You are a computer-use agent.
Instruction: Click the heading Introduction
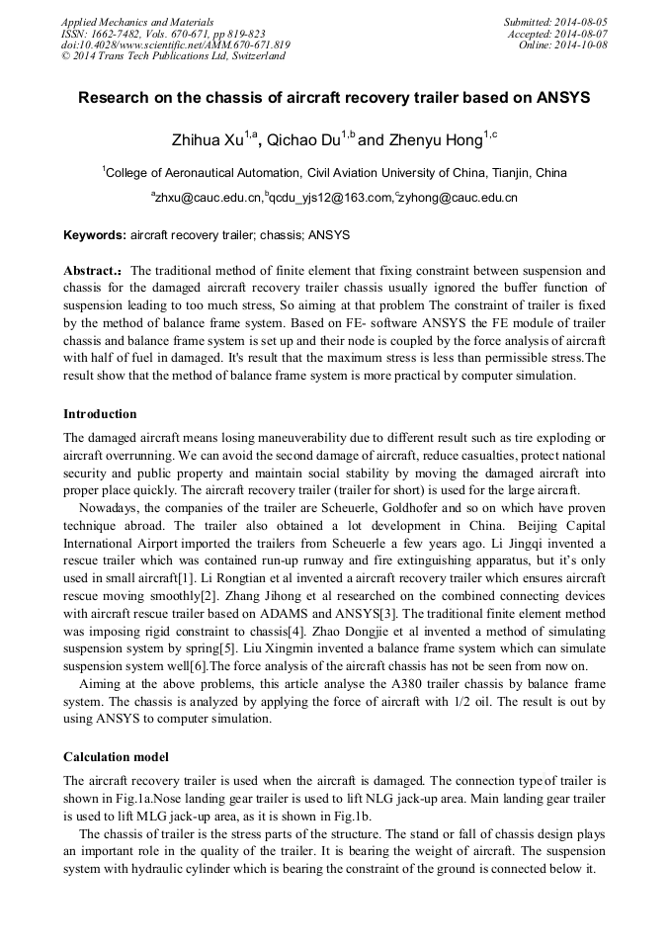coord(100,414)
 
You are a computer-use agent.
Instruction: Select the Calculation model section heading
coord(116,757)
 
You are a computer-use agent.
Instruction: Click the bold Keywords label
coord(95,236)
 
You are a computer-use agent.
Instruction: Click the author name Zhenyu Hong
coord(428,140)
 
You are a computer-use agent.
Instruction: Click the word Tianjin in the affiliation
coord(499,172)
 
